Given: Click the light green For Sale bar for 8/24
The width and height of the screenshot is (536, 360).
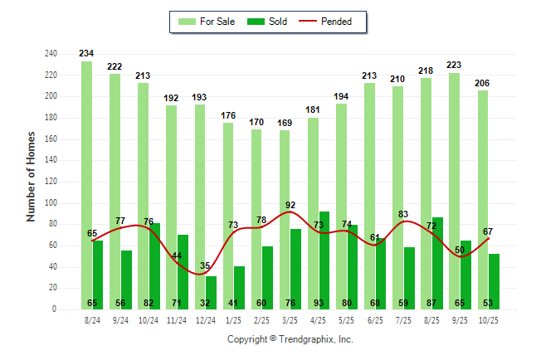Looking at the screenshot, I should point(86,182).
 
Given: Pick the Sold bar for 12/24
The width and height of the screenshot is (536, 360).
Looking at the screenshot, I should point(211,290).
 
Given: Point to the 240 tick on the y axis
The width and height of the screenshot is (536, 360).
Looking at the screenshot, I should point(51,54).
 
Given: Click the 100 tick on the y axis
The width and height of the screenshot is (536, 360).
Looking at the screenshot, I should point(51,203).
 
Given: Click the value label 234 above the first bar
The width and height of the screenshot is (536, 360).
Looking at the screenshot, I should point(86,54).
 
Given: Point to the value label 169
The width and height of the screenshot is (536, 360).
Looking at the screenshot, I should point(284,124).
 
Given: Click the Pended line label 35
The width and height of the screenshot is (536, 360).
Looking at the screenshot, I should point(204,266).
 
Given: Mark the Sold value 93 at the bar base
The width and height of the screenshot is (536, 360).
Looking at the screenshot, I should point(324,304).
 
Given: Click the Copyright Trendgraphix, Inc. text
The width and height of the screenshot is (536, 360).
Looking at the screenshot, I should point(290,339).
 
